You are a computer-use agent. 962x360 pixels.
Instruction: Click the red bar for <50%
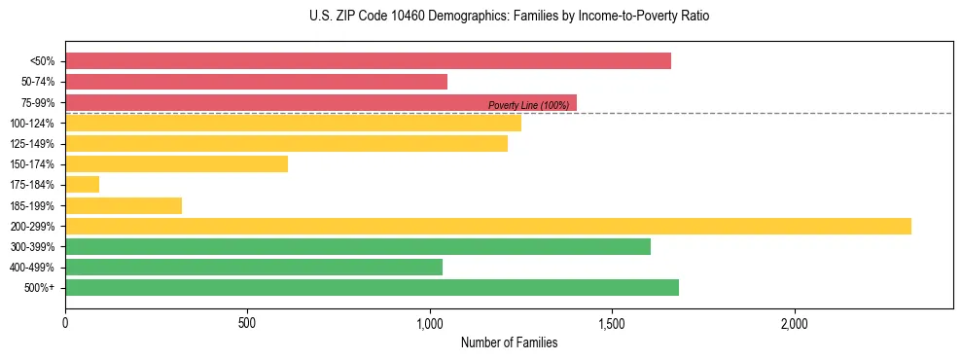[x=368, y=61]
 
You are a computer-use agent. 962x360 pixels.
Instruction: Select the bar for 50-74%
[x=256, y=82]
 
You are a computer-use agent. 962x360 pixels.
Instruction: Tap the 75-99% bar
[x=321, y=102]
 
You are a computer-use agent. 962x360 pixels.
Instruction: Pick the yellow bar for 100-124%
[x=293, y=123]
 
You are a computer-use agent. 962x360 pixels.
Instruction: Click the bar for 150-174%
[x=176, y=164]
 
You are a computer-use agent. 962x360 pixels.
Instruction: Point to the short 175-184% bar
[x=82, y=185]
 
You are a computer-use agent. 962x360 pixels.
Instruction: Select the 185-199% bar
[x=124, y=205]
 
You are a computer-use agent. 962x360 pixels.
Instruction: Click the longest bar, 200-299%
[x=487, y=226]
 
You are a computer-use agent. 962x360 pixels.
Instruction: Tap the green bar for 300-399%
[x=357, y=246]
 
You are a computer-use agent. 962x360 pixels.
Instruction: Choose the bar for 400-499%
[x=254, y=267]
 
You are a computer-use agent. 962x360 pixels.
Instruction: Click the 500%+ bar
[x=372, y=287]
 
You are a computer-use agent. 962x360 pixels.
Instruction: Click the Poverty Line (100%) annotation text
[x=528, y=105]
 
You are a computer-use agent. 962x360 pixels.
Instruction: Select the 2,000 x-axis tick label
[x=794, y=323]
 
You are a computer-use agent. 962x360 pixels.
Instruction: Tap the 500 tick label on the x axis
[x=247, y=323]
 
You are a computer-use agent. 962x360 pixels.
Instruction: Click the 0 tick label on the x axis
[x=65, y=323]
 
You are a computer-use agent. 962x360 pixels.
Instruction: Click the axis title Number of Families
[x=509, y=342]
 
